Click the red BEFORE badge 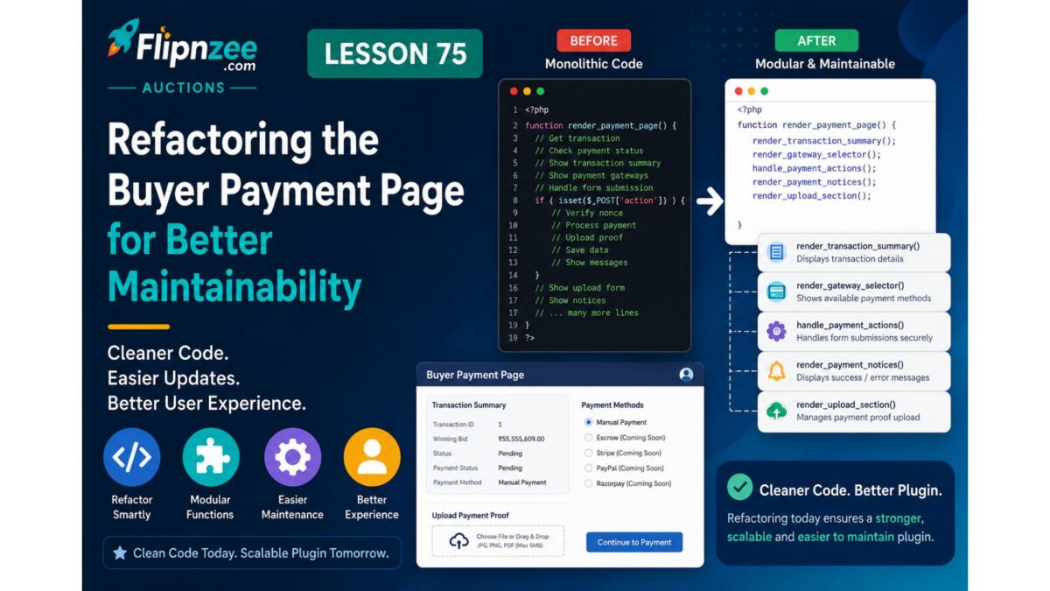(x=593, y=41)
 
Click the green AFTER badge (x=816, y=41)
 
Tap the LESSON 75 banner (x=395, y=53)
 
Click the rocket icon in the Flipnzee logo (x=123, y=38)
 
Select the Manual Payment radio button (x=588, y=422)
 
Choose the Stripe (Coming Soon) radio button (x=588, y=453)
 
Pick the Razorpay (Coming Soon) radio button (x=588, y=483)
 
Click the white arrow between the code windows (x=710, y=201)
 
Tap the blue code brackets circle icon (x=132, y=457)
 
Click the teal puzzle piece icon (x=211, y=457)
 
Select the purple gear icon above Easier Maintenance (x=292, y=457)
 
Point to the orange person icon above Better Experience (x=372, y=457)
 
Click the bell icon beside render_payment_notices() (x=776, y=371)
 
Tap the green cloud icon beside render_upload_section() (x=776, y=411)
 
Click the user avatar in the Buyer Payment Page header (x=686, y=375)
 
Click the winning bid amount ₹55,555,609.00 (x=521, y=439)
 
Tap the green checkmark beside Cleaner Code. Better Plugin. (x=739, y=487)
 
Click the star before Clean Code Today (x=120, y=552)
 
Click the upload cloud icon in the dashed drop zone (x=458, y=541)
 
